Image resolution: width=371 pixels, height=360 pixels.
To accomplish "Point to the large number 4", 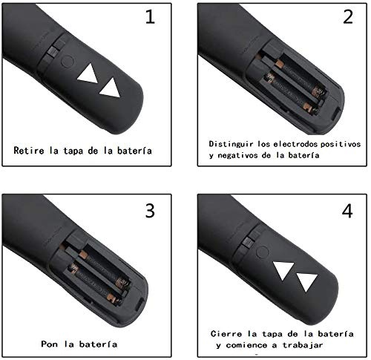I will (346, 211).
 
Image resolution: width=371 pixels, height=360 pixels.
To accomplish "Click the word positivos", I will (337, 142).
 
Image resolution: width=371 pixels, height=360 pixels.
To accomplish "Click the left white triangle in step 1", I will (88, 74).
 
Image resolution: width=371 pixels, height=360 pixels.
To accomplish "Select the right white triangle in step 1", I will (111, 88).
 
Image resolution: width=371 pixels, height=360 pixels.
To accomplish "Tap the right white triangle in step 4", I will (306, 283).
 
